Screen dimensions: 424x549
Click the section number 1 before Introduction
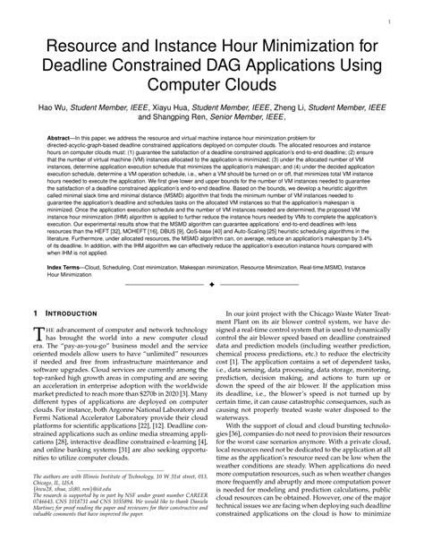35,313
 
